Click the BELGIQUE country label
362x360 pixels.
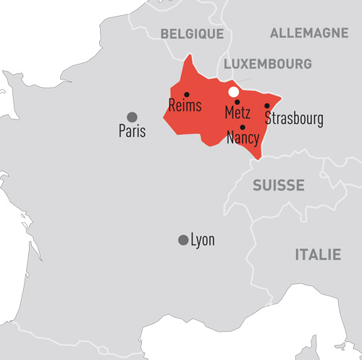pyautogui.click(x=192, y=33)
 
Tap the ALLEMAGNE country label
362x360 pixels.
pyautogui.click(x=309, y=33)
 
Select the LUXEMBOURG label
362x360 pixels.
pyautogui.click(x=268, y=64)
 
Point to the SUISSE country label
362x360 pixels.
pyautogui.click(x=278, y=186)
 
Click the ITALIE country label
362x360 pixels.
pyautogui.click(x=317, y=254)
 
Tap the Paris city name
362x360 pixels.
pyautogui.click(x=132, y=131)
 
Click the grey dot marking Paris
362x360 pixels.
pyautogui.click(x=132, y=117)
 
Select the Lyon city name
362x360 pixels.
pyautogui.click(x=202, y=240)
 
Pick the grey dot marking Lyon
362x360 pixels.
pyautogui.click(x=183, y=240)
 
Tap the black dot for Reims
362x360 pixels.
pyautogui.click(x=187, y=94)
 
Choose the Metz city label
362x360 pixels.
pyautogui.click(x=238, y=114)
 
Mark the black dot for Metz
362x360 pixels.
pyautogui.click(x=237, y=102)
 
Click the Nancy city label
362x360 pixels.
pyautogui.click(x=243, y=138)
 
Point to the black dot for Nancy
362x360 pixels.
pyautogui.click(x=243, y=127)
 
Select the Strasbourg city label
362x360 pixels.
pyautogui.click(x=294, y=118)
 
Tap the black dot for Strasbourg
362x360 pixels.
pyautogui.click(x=267, y=106)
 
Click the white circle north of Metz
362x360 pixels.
pyautogui.click(x=233, y=92)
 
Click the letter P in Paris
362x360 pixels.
pyautogui.click(x=122, y=131)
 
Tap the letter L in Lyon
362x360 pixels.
pyautogui.click(x=193, y=240)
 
